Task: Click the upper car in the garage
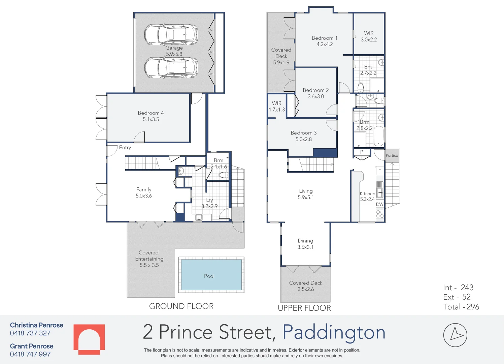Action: (x=171, y=34)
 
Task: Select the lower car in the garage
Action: (x=171, y=67)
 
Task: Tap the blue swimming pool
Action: (x=211, y=275)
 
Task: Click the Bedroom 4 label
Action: (x=151, y=113)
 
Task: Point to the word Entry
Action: (x=125, y=148)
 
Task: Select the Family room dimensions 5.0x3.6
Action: (x=144, y=196)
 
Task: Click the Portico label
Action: (x=392, y=155)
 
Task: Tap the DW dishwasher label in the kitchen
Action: (x=380, y=204)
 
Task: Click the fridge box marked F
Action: (x=380, y=171)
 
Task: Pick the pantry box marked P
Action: (x=362, y=152)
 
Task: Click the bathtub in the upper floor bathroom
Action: (x=379, y=135)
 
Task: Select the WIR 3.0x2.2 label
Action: (x=369, y=36)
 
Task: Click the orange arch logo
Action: (x=89, y=339)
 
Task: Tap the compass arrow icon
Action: (x=455, y=335)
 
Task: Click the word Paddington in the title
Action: (x=334, y=332)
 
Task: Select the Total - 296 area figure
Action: (x=461, y=307)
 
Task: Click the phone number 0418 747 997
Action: (x=30, y=354)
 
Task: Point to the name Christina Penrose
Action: (x=37, y=325)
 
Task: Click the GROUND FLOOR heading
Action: (x=181, y=306)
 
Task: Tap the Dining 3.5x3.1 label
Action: (x=305, y=244)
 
